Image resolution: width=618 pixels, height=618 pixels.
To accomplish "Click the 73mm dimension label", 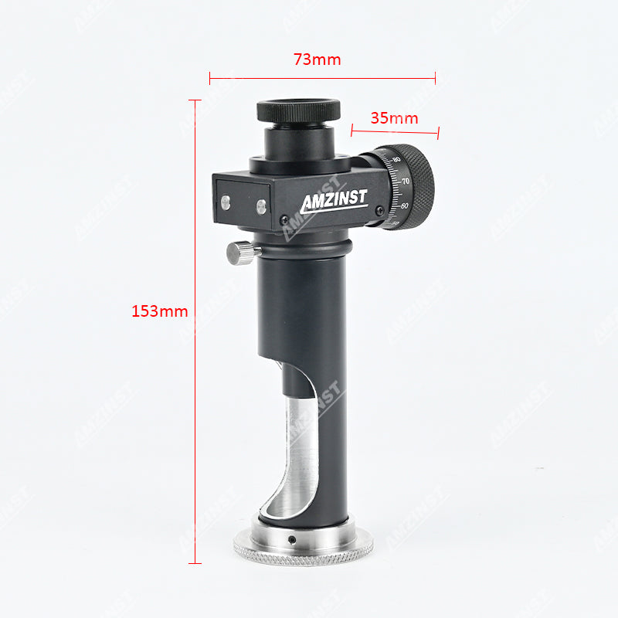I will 317,59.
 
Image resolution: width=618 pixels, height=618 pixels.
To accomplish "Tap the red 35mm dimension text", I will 394,118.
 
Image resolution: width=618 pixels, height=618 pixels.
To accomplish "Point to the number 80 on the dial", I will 396,160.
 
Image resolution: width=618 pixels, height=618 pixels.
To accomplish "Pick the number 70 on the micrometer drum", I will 406,182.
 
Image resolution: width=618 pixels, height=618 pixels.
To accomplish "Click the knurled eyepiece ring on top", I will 298,109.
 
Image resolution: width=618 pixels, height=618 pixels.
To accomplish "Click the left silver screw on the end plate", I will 226,202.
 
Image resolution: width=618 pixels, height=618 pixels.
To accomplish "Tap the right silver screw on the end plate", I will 261,205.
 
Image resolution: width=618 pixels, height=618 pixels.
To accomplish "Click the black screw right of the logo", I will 379,209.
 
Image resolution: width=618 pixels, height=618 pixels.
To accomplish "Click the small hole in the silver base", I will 292,539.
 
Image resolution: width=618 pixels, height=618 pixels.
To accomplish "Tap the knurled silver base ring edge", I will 303,551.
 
